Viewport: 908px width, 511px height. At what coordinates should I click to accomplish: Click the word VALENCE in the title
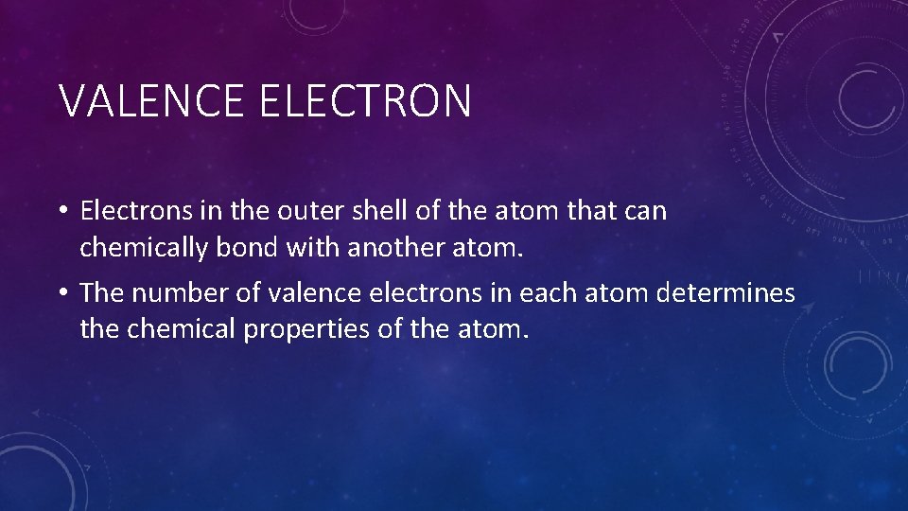[x=152, y=101]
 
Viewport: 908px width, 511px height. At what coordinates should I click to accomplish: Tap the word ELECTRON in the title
[x=364, y=101]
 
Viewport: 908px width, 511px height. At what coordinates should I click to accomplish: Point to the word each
[x=532, y=293]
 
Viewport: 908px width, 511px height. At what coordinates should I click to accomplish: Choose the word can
[x=647, y=211]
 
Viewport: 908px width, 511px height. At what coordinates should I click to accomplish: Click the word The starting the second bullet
[x=102, y=293]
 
